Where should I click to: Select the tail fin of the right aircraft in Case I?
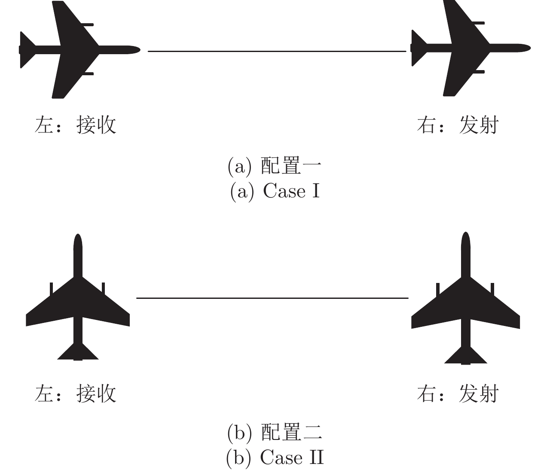pos(418,48)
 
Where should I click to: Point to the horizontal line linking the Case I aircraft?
pos(277,51)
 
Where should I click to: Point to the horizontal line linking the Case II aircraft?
pos(272,298)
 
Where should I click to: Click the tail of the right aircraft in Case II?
pos(465,356)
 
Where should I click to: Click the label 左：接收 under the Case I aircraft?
pos(76,126)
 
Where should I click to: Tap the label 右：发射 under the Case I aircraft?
pos(458,126)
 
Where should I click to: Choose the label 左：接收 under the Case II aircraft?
pos(76,393)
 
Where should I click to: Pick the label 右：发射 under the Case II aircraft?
pos(458,393)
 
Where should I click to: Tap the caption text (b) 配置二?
pos(275,433)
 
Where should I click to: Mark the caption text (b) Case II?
pos(275,458)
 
